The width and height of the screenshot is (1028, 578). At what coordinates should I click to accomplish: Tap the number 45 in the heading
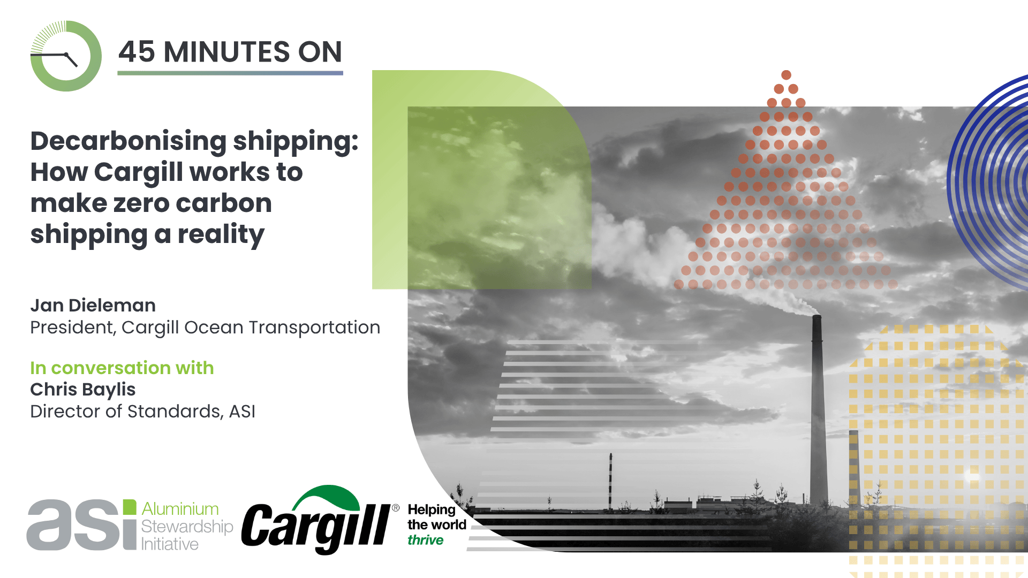(x=137, y=52)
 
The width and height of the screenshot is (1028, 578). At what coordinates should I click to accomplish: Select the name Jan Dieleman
(x=93, y=305)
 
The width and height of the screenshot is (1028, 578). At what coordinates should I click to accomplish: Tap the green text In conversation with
(x=122, y=368)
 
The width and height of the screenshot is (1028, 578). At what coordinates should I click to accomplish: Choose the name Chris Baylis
(x=83, y=390)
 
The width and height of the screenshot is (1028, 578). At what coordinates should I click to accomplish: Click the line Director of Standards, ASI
(x=143, y=412)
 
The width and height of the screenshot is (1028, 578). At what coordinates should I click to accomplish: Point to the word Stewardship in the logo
(x=187, y=527)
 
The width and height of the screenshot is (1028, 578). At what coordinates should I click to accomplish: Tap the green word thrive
(x=426, y=540)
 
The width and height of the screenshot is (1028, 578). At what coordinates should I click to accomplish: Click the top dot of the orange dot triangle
(x=786, y=75)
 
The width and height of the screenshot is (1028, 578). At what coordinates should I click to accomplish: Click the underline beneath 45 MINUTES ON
(x=230, y=73)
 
